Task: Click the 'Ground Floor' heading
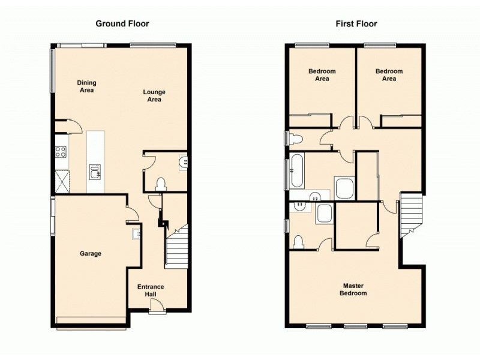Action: (122, 24)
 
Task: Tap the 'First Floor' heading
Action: (356, 24)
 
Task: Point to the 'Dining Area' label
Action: (86, 86)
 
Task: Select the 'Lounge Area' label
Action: (154, 96)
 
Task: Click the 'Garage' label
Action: (91, 254)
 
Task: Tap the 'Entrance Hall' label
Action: (151, 290)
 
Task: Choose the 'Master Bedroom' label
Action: (355, 290)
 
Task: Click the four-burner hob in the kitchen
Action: (61, 152)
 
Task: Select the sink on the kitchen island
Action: (95, 172)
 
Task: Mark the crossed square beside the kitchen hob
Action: (61, 180)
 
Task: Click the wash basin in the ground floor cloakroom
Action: (183, 161)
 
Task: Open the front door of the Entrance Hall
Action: (157, 307)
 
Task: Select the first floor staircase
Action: (411, 213)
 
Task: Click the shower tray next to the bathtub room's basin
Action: (344, 188)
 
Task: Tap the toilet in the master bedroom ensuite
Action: (299, 242)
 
